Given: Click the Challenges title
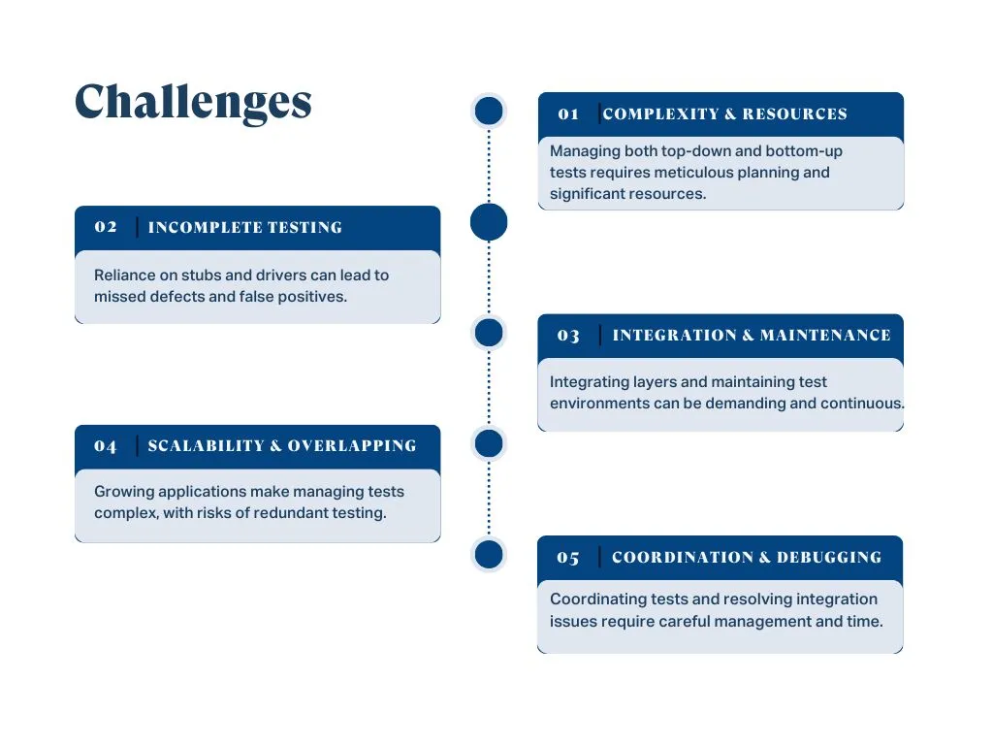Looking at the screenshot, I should tap(193, 102).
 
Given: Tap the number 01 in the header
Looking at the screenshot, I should tap(568, 114).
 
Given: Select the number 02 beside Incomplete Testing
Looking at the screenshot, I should tap(106, 227).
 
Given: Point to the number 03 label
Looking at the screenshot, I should tap(568, 336).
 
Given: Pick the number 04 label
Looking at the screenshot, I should tap(106, 446).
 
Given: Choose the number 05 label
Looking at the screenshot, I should tap(568, 558).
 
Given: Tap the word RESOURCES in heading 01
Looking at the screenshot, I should tap(795, 114).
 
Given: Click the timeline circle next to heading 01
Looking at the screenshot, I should tap(489, 112).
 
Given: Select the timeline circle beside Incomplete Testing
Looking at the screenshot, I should tap(489, 222).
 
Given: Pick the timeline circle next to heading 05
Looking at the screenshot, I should tap(489, 555).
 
